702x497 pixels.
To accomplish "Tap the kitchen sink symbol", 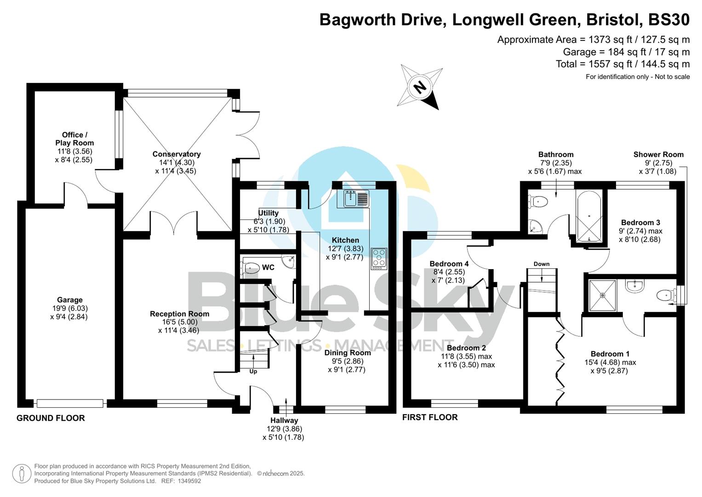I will [x=356, y=198].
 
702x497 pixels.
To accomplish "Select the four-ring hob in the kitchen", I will [x=379, y=259].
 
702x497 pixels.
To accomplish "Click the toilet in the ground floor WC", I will [x=251, y=267].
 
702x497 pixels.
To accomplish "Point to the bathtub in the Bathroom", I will [x=588, y=216].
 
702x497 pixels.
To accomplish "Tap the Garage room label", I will [x=69, y=300].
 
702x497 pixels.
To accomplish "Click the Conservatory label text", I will [x=177, y=154].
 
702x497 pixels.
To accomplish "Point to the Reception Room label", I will [x=179, y=314].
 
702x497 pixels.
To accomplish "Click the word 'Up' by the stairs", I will [x=253, y=371].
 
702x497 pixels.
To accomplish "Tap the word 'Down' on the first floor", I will [x=542, y=264].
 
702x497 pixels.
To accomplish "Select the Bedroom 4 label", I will [x=449, y=264].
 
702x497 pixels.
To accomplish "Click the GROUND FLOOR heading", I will [x=51, y=418].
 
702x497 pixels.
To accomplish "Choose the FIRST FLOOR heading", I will [x=430, y=417].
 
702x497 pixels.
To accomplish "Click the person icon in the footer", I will [x=22, y=474].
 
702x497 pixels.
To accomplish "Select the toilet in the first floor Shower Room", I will [x=665, y=295].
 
